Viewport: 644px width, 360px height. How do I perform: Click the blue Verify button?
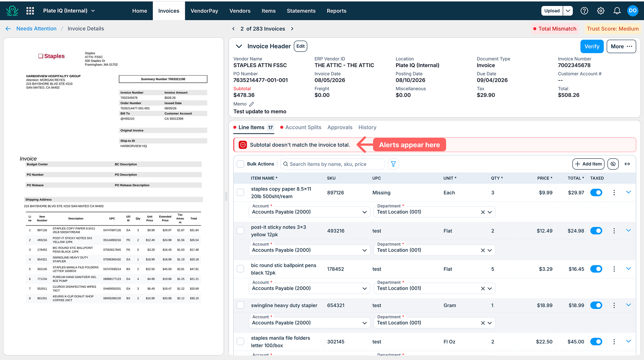[x=592, y=46]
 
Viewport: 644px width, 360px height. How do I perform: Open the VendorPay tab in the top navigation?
[x=204, y=11]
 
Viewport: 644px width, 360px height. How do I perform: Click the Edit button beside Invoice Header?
[x=300, y=46]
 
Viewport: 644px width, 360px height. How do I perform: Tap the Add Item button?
[x=588, y=164]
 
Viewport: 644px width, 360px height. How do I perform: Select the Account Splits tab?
[x=303, y=127]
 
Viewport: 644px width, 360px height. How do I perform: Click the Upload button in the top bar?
[x=552, y=11]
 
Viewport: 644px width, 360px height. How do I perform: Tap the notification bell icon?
[x=617, y=11]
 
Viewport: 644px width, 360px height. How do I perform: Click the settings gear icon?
[x=601, y=11]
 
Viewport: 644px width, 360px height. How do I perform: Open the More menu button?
[x=621, y=46]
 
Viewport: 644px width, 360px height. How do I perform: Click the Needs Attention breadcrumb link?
[x=37, y=29]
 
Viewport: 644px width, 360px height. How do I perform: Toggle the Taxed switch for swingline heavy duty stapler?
[x=596, y=305]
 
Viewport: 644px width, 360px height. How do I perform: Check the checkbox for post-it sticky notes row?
[x=241, y=231]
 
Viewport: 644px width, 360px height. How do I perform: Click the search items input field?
[x=332, y=164]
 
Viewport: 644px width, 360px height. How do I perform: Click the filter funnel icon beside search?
[x=393, y=164]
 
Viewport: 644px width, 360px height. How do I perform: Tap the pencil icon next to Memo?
[x=252, y=104]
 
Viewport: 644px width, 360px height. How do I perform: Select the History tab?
[x=367, y=127]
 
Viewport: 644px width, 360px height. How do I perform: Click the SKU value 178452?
[x=335, y=269]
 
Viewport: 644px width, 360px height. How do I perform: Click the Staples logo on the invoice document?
[x=51, y=56]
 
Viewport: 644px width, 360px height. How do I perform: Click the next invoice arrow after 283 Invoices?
[x=292, y=29]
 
